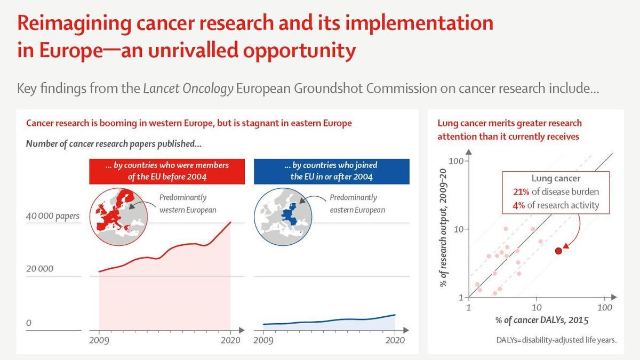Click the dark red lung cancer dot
pyautogui.click(x=558, y=251)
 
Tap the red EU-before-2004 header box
pyautogui.click(x=167, y=171)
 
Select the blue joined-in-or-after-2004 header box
pyautogui.click(x=331, y=171)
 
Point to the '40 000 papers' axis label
pyautogui.click(x=53, y=216)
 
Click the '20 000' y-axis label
pyautogui.click(x=40, y=268)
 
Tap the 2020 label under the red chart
pyautogui.click(x=231, y=340)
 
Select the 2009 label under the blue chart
pyautogui.click(x=263, y=340)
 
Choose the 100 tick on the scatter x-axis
pyautogui.click(x=604, y=308)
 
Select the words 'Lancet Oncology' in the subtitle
pyautogui.click(x=188, y=89)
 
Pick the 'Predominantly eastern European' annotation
pyautogui.click(x=357, y=204)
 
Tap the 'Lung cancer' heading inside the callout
pyautogui.click(x=556, y=179)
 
